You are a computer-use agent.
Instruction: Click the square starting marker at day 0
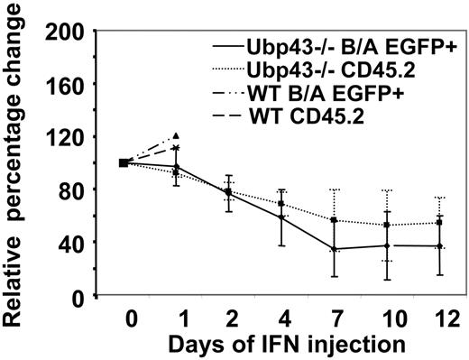point(124,163)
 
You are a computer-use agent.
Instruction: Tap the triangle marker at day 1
point(176,135)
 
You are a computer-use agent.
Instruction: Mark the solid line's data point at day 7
point(335,249)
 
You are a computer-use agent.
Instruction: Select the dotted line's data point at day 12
point(439,223)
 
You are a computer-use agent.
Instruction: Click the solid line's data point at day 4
point(281,217)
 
